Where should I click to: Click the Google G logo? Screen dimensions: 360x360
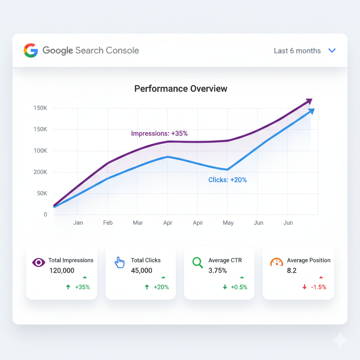pyautogui.click(x=31, y=50)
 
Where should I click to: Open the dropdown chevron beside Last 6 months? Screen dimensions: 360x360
pyautogui.click(x=332, y=51)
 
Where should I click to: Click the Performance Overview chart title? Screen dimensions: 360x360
pyautogui.click(x=181, y=89)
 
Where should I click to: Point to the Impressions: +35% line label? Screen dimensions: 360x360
pyautogui.click(x=159, y=134)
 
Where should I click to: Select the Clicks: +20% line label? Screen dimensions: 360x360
pyautogui.click(x=227, y=180)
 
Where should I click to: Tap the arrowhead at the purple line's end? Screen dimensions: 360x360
pyautogui.click(x=309, y=102)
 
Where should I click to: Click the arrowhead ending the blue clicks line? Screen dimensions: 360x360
pyautogui.click(x=311, y=111)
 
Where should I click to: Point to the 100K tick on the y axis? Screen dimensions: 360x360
pyautogui.click(x=40, y=151)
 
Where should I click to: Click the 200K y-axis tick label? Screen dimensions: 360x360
pyautogui.click(x=40, y=172)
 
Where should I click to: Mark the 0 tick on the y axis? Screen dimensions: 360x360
pyautogui.click(x=45, y=214)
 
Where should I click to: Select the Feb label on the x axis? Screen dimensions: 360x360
pyautogui.click(x=108, y=223)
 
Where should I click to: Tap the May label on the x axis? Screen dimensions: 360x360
pyautogui.click(x=228, y=223)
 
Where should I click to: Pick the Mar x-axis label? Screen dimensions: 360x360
pyautogui.click(x=138, y=223)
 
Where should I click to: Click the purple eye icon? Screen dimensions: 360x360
pyautogui.click(x=39, y=262)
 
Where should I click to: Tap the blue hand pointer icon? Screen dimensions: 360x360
pyautogui.click(x=120, y=262)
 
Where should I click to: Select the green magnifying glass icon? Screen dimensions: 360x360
pyautogui.click(x=198, y=262)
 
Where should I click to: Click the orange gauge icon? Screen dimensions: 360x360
pyautogui.click(x=277, y=262)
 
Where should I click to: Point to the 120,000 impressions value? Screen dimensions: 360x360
pyautogui.click(x=62, y=270)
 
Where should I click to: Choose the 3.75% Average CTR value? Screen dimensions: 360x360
pyautogui.click(x=218, y=270)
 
